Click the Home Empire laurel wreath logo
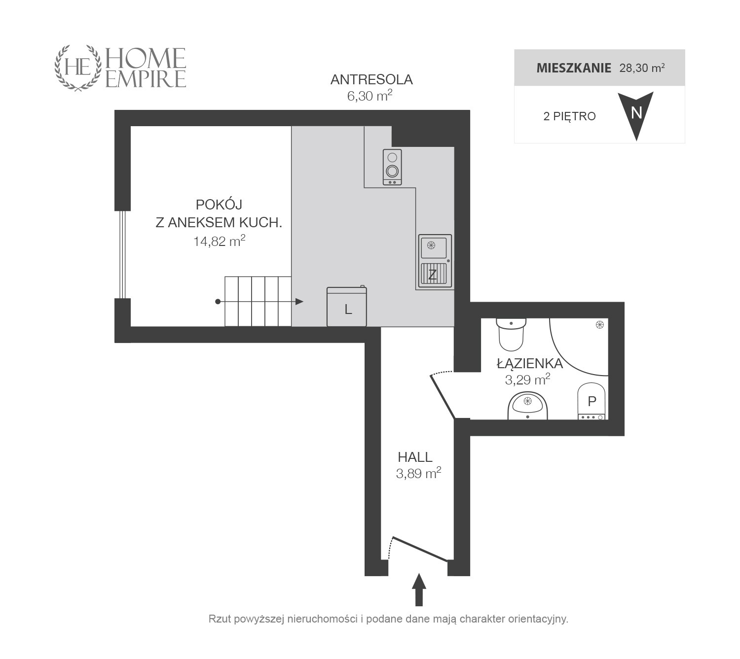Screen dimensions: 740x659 (x=77, y=68)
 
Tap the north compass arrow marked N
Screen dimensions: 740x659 (x=636, y=115)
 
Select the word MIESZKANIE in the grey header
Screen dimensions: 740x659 (x=573, y=68)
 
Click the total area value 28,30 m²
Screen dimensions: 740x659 (x=642, y=68)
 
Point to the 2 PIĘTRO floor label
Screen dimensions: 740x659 (x=569, y=116)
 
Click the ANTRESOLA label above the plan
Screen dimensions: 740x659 (x=371, y=79)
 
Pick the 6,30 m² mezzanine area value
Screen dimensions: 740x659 (x=370, y=96)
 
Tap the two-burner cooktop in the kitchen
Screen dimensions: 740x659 (x=392, y=167)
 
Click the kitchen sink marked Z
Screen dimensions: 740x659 (x=435, y=261)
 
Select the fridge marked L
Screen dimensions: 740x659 (x=347, y=307)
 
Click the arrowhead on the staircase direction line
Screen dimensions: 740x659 (x=299, y=302)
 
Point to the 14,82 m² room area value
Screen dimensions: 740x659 (x=219, y=241)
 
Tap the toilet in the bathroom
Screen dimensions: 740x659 (x=511, y=334)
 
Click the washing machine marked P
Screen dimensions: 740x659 (x=592, y=401)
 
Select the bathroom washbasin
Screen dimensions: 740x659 (x=527, y=405)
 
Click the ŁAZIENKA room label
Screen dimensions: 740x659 (x=530, y=363)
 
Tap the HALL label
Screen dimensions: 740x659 (x=415, y=457)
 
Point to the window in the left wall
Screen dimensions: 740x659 (x=123, y=255)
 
